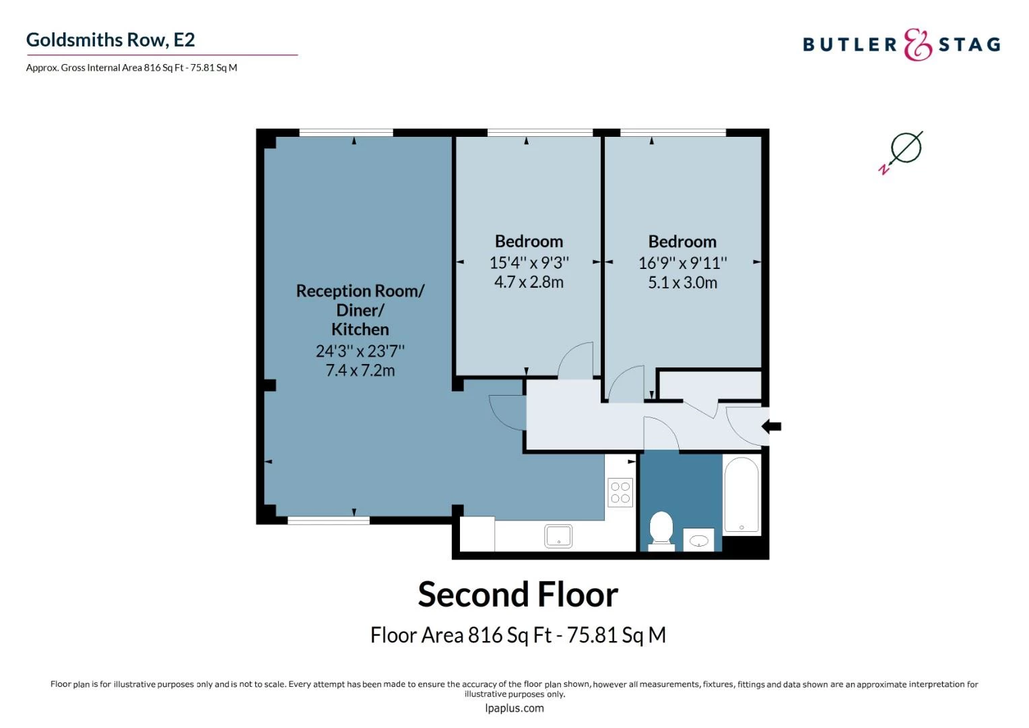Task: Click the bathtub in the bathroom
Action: pyautogui.click(x=741, y=495)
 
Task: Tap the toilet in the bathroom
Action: pyautogui.click(x=661, y=528)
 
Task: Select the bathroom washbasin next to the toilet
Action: pyautogui.click(x=699, y=541)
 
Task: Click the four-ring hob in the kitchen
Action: pyautogui.click(x=620, y=493)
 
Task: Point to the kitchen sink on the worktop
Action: pyautogui.click(x=558, y=537)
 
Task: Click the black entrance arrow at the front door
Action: pyautogui.click(x=772, y=426)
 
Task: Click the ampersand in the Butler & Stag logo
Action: pyautogui.click(x=917, y=45)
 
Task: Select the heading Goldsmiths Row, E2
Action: pyautogui.click(x=110, y=40)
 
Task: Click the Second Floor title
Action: pyautogui.click(x=517, y=595)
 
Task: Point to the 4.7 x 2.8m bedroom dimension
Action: pyautogui.click(x=529, y=282)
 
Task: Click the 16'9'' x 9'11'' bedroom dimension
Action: pyautogui.click(x=682, y=263)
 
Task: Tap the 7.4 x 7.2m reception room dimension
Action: pyautogui.click(x=360, y=370)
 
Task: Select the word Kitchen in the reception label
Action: pyautogui.click(x=360, y=330)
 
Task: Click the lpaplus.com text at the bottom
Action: pyautogui.click(x=514, y=708)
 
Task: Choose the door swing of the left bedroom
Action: pyautogui.click(x=577, y=361)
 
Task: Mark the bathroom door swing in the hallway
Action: pyautogui.click(x=661, y=433)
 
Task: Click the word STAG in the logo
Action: pyautogui.click(x=969, y=45)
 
